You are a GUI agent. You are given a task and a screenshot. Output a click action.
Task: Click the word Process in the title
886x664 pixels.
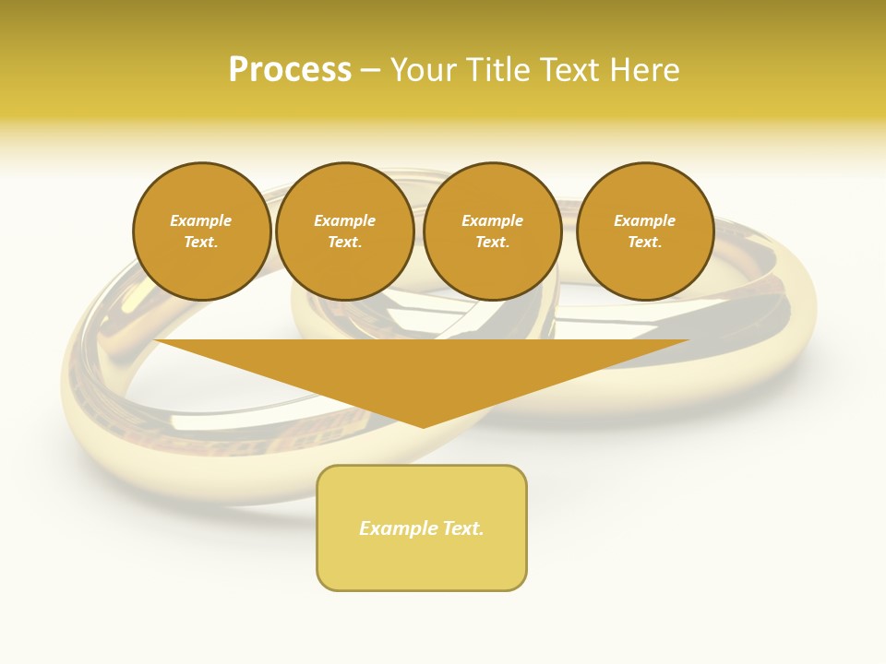pos(289,70)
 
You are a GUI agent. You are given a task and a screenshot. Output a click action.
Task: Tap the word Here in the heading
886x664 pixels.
pos(643,70)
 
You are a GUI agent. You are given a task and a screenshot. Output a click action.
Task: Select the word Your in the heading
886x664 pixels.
pos(422,70)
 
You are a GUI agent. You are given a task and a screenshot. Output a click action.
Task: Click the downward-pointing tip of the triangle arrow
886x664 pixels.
pos(423,425)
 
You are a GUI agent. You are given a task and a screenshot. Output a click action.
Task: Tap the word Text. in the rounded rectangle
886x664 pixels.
pos(463,528)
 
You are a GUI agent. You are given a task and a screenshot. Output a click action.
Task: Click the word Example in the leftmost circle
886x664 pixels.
pos(201,221)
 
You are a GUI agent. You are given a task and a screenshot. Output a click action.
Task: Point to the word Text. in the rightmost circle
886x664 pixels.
pos(644,243)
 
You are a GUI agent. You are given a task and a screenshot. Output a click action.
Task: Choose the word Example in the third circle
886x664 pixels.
pos(492,221)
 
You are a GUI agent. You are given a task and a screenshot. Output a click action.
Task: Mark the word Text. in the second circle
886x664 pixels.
pos(344,243)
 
